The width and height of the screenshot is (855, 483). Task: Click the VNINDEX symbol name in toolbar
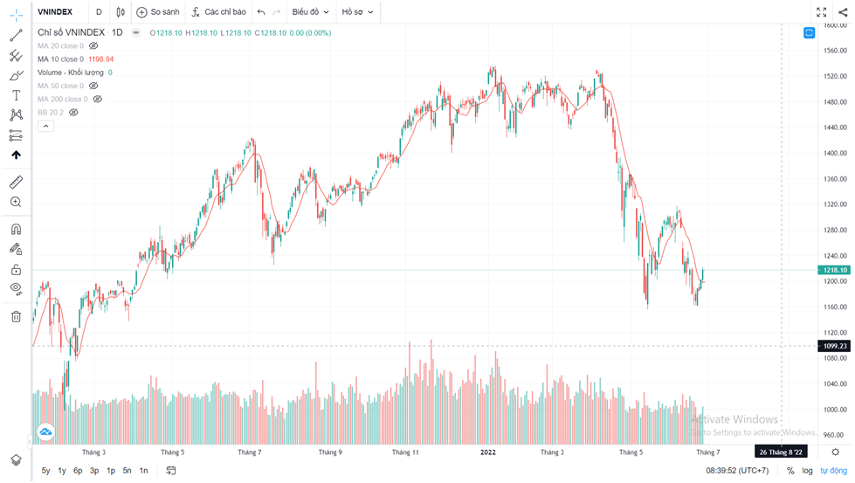point(55,12)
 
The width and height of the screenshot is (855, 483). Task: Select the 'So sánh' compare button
point(158,12)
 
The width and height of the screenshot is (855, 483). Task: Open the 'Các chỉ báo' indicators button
point(219,12)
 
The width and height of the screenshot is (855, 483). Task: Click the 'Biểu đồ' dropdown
point(310,12)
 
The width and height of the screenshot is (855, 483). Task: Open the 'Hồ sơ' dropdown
point(357,12)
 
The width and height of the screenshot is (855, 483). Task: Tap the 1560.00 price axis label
point(836,51)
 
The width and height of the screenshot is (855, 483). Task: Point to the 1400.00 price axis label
point(836,153)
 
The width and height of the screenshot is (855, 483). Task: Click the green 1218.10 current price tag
point(836,271)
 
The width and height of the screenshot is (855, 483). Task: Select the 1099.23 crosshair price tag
point(836,346)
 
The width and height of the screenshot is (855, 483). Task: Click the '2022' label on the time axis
point(489,452)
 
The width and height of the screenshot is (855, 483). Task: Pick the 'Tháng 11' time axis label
point(406,452)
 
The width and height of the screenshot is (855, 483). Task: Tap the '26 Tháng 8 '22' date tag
point(782,452)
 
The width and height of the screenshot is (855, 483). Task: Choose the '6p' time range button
point(78,471)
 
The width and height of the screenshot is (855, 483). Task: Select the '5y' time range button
point(45,471)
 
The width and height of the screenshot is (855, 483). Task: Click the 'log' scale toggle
point(807,471)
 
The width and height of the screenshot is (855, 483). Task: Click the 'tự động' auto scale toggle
point(833,471)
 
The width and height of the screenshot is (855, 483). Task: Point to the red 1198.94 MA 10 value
point(101,59)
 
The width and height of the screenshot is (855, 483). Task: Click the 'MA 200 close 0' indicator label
point(62,99)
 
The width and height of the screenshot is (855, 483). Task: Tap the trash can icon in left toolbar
point(16,316)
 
